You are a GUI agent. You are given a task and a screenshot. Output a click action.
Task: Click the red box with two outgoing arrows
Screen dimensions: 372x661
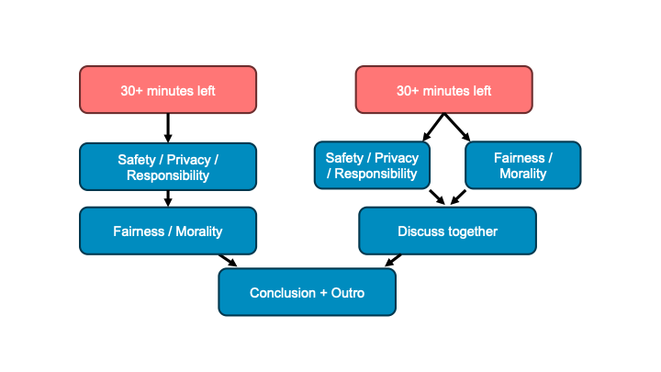(443, 90)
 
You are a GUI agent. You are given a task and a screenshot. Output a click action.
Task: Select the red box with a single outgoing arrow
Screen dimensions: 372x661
(168, 90)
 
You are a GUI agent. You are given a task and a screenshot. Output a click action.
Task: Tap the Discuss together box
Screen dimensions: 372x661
(447, 231)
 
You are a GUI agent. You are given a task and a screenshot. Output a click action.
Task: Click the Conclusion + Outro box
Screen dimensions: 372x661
(307, 293)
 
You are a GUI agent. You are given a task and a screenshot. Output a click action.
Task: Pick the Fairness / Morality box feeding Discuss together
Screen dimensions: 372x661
(522, 165)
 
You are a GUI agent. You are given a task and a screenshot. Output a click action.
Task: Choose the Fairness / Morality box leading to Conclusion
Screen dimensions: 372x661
(168, 231)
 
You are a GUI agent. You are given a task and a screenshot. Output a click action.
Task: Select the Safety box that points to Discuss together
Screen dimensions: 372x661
(372, 165)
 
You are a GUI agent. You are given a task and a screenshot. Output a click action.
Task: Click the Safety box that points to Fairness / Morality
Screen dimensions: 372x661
(168, 166)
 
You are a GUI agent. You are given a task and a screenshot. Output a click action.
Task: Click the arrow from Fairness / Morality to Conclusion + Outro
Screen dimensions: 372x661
(228, 261)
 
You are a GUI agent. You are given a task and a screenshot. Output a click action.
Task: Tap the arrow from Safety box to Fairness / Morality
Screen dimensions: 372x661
(168, 198)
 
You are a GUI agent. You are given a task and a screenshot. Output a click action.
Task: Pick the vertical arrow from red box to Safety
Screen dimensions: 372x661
(168, 127)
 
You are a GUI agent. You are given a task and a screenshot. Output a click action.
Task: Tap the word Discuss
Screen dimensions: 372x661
(420, 231)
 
